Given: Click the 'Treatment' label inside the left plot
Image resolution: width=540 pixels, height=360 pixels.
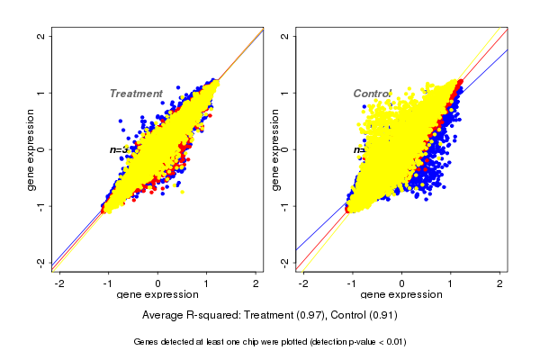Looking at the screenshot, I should coord(136,94).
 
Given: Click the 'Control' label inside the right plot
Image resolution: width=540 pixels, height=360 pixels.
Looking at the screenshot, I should coord(372,94).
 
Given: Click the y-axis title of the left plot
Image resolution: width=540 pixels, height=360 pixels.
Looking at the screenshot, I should coord(31,149).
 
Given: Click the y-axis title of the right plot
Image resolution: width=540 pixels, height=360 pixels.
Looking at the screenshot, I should coord(275,149).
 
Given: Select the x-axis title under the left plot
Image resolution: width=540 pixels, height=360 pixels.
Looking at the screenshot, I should coord(157,295).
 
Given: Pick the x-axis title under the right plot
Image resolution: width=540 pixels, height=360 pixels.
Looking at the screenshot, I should coord(401,295).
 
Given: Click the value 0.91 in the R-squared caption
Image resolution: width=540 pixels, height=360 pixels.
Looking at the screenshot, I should coord(382,316).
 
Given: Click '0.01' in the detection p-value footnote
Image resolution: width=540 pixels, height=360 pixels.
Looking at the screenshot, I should coord(394,342).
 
